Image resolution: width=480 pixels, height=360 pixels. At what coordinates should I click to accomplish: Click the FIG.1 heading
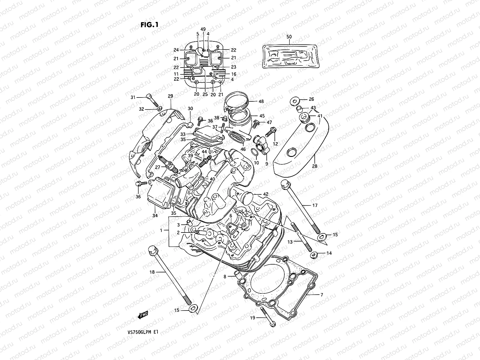pos(149,25)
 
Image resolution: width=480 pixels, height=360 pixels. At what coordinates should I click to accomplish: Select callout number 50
pos(289,37)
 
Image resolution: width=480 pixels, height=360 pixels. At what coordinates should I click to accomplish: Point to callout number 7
pos(322,295)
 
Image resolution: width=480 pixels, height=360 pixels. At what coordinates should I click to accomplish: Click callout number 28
pos(314,166)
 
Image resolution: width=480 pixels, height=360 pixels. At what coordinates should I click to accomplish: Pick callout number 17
pos(315,205)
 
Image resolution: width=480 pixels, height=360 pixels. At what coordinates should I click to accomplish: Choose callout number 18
pos(152,272)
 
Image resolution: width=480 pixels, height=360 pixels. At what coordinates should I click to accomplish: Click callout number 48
pos(261,101)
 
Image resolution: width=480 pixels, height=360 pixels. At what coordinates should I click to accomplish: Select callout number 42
pos(265,194)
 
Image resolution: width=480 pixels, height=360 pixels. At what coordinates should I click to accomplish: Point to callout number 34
pos(155,215)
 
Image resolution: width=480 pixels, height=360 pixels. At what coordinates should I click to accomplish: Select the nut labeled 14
pos(314,255)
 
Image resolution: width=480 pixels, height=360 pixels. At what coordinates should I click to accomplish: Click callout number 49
pos(203,29)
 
